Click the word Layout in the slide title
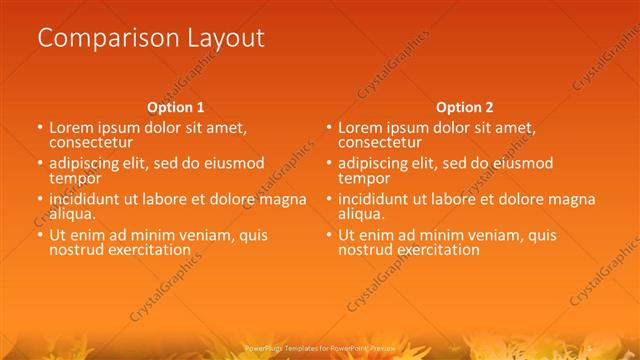point(225,39)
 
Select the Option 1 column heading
point(176,106)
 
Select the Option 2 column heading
point(465,106)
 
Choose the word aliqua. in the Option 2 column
point(360,213)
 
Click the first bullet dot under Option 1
point(40,129)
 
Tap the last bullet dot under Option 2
point(329,236)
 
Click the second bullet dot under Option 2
point(329,164)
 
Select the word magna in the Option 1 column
point(283,199)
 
